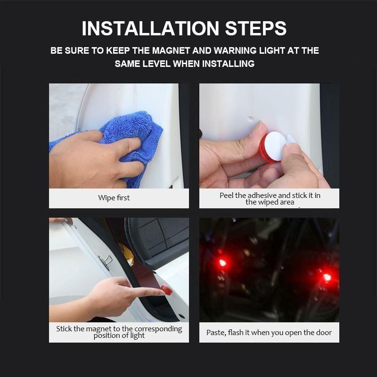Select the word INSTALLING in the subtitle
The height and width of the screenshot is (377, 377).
coord(228,64)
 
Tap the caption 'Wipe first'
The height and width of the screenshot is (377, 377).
coord(114,198)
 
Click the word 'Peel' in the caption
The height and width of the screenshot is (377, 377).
coord(227,195)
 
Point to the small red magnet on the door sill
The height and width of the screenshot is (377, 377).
coord(164,289)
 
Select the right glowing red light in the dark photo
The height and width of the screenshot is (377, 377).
coord(326,276)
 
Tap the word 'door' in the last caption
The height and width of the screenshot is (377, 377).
coord(323,333)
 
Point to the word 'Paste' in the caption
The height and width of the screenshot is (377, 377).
coord(216,333)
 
